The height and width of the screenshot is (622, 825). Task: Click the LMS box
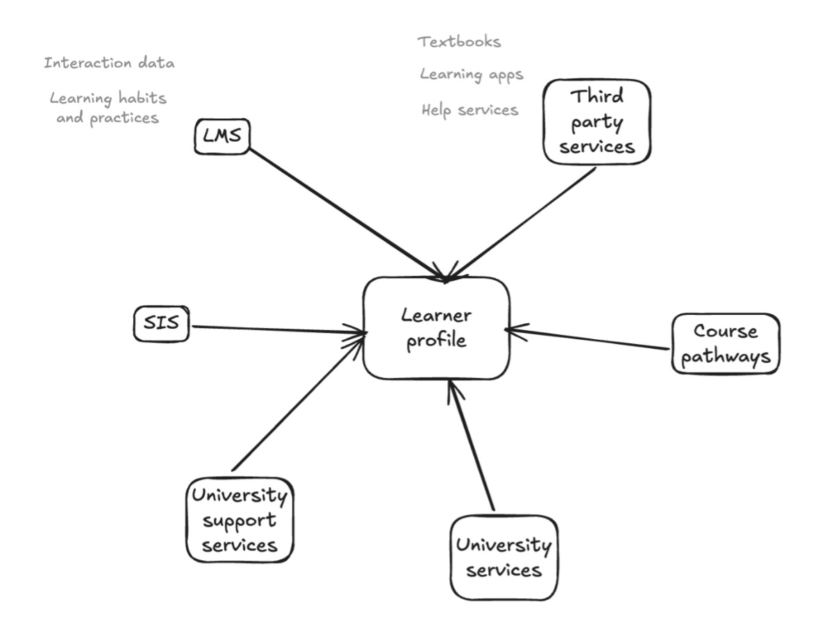pyautogui.click(x=222, y=137)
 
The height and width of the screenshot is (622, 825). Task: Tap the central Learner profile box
pyautogui.click(x=436, y=327)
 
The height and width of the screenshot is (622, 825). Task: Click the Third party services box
pyautogui.click(x=597, y=122)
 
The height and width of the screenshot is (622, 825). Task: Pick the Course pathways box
pyautogui.click(x=725, y=343)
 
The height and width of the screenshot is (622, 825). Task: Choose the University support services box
pyautogui.click(x=240, y=519)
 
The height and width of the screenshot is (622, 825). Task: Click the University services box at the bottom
pyautogui.click(x=503, y=557)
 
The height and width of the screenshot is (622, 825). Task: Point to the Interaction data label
pyautogui.click(x=109, y=63)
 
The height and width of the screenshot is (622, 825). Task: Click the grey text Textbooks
pyautogui.click(x=459, y=42)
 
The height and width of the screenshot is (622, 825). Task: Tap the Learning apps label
pyautogui.click(x=471, y=74)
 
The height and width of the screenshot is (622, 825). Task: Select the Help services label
pyautogui.click(x=469, y=110)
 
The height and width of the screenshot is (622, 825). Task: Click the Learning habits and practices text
pyautogui.click(x=108, y=108)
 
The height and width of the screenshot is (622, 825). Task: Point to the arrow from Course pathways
pyautogui.click(x=590, y=338)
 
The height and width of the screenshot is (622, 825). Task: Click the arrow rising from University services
pyautogui.click(x=472, y=445)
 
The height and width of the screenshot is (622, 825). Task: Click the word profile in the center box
pyautogui.click(x=436, y=342)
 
